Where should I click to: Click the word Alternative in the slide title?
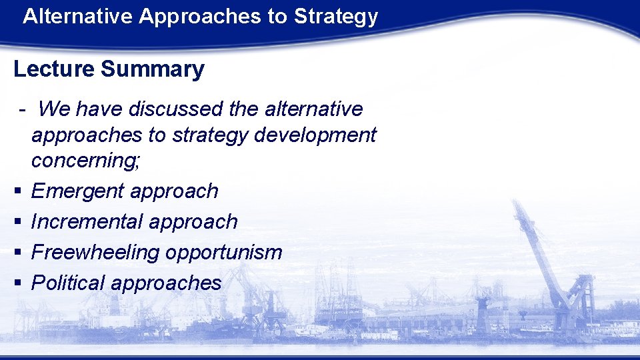(x=77, y=17)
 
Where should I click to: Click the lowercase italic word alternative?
(x=316, y=109)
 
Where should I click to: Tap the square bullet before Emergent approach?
(x=17, y=192)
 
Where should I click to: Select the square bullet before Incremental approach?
(x=17, y=222)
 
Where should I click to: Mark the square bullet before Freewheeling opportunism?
(x=17, y=253)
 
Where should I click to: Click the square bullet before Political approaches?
(x=17, y=283)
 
